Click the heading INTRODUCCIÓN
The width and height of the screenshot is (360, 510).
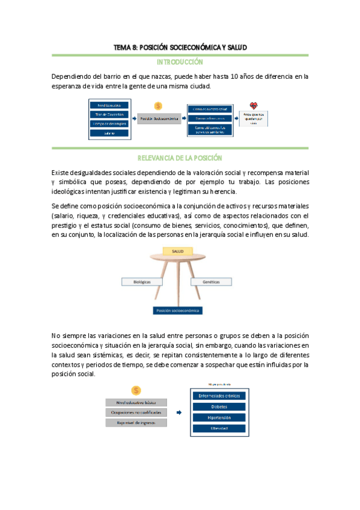point(180,62)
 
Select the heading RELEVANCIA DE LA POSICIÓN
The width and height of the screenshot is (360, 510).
point(180,158)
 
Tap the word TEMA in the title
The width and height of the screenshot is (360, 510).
point(123,47)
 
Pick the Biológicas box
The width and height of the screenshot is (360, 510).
point(136,281)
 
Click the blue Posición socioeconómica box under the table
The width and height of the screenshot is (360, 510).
point(177,310)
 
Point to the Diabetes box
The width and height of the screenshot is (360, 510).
point(219,406)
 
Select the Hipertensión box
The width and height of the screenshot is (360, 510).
point(219,417)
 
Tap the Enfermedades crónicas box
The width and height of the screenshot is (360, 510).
point(219,395)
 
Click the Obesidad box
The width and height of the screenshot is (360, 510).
point(219,428)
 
